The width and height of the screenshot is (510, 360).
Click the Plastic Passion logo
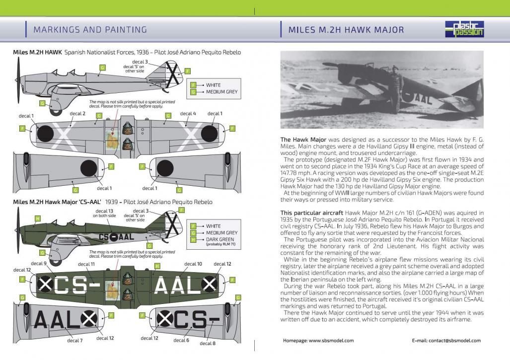(x=468, y=29)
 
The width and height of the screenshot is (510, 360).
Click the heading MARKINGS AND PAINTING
(x=90, y=30)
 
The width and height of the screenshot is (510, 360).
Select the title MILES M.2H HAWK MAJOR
(x=346, y=30)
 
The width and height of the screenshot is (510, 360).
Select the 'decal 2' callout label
(x=77, y=114)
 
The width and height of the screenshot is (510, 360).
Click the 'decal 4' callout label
(x=188, y=114)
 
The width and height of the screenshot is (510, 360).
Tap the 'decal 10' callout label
(x=193, y=264)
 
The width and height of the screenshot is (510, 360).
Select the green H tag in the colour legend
(x=193, y=240)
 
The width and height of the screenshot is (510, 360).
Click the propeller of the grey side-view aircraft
(x=18, y=78)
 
